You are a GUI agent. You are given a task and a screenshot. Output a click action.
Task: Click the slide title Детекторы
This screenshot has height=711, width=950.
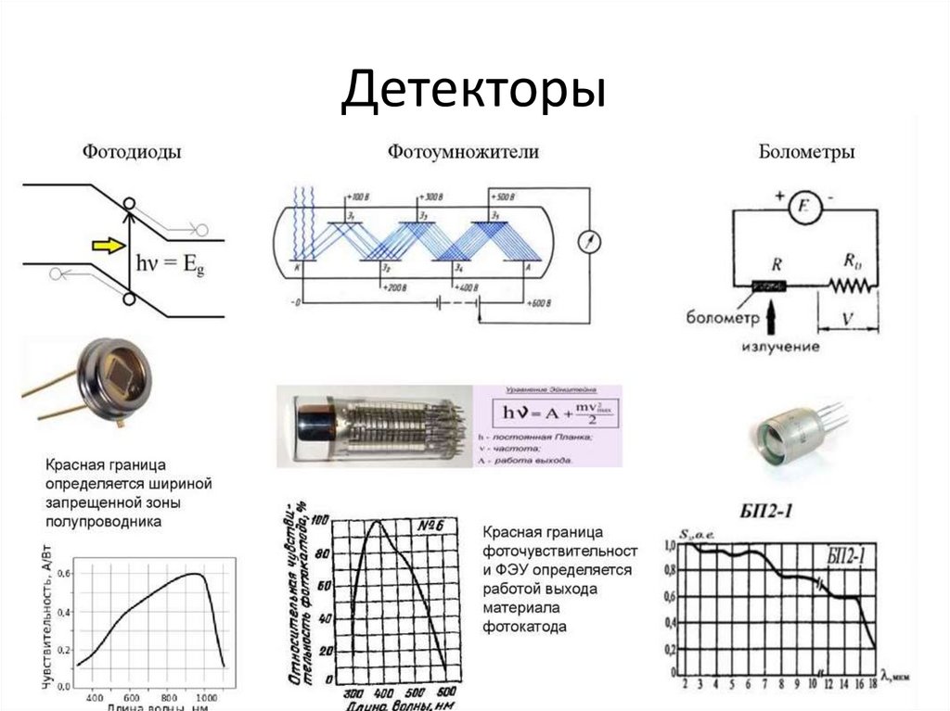pos(473,93)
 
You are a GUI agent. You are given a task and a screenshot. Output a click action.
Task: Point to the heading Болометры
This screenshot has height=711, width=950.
pos(806,152)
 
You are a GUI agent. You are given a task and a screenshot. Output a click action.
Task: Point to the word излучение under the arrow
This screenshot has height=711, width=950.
pos(780,347)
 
